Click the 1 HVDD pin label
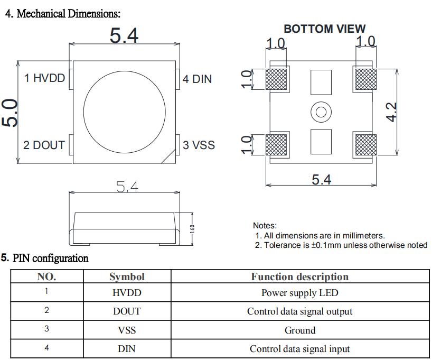coord(44,78)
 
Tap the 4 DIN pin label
coord(197,79)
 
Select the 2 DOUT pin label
coord(44,145)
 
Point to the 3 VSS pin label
coord(199,145)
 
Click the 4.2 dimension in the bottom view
coord(391,112)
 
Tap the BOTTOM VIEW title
coord(324,29)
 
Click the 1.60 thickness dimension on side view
coord(193,228)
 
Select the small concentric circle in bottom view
coord(321,112)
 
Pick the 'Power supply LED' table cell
coord(299,293)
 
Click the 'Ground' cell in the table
coord(299,330)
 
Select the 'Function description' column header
coord(299,276)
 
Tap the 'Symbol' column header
coord(127,276)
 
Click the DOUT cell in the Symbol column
coord(127,311)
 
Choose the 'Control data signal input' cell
coord(299,349)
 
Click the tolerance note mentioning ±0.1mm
coord(341,245)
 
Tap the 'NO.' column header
coord(46,276)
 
